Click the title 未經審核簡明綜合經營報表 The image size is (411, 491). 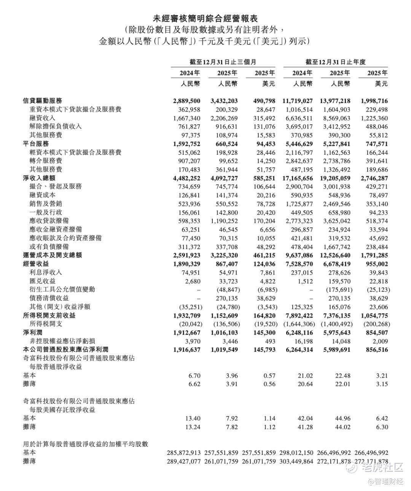[x=205, y=18]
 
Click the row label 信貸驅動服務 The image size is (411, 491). [x=42, y=101]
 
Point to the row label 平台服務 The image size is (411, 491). [x=36, y=144]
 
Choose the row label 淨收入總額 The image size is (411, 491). [x=39, y=178]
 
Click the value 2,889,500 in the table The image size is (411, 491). [x=186, y=101]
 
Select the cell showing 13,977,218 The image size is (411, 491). [x=335, y=101]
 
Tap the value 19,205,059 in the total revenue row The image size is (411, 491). [x=335, y=178]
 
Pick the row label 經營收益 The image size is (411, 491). [x=36, y=264]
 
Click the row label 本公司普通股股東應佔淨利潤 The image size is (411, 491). [x=65, y=350]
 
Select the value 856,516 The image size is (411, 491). [x=374, y=350]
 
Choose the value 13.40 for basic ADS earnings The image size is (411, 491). [x=193, y=418]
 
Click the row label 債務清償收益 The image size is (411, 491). [x=46, y=298]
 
